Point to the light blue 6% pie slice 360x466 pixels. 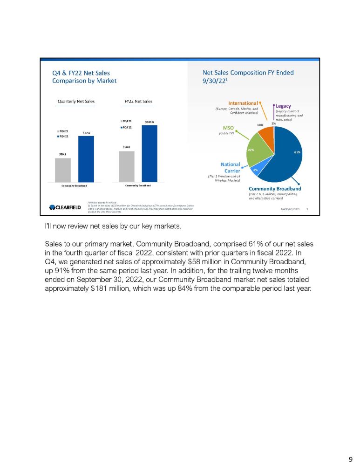point(256,171)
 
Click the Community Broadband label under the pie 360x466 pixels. point(275,189)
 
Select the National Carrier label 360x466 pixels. point(231,167)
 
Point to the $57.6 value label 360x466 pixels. point(86,133)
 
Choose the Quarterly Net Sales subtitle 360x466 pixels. point(75,101)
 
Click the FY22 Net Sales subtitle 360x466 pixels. point(138,101)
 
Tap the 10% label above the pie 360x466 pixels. point(260,125)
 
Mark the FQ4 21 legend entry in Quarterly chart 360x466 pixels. point(63,131)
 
